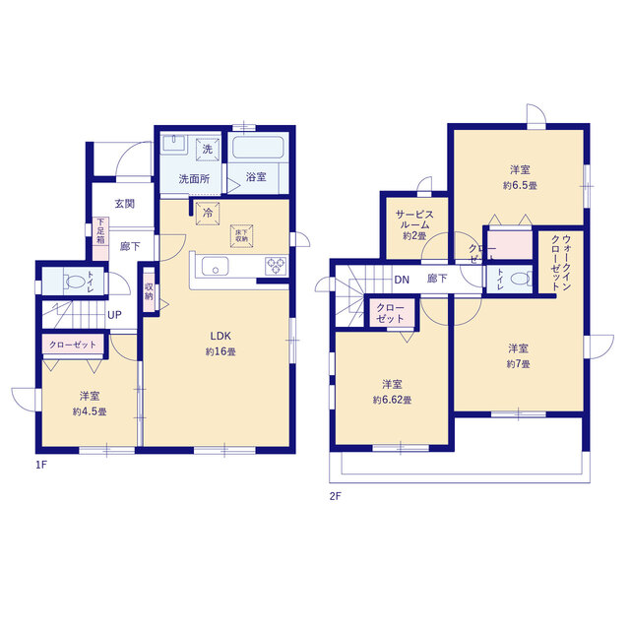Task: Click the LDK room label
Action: tap(220, 336)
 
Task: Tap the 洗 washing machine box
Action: tap(208, 149)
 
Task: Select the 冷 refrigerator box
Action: tap(208, 213)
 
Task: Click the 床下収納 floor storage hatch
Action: tap(241, 236)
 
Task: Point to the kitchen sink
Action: tap(216, 266)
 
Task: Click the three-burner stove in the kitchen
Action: tap(276, 266)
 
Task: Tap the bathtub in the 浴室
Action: tap(258, 148)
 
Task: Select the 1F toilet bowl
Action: tap(74, 281)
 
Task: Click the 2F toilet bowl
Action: tap(521, 279)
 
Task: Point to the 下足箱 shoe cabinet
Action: tap(100, 238)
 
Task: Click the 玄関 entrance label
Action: tap(125, 204)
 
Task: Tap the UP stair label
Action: tap(114, 315)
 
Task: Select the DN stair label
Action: tap(402, 280)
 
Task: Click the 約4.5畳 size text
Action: tap(90, 411)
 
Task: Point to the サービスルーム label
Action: tap(414, 220)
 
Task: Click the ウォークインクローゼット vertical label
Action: tap(561, 262)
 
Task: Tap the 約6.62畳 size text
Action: tap(392, 400)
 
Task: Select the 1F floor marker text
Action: tap(41, 465)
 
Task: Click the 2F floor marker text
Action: tap(335, 496)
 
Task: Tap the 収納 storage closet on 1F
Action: tap(149, 291)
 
